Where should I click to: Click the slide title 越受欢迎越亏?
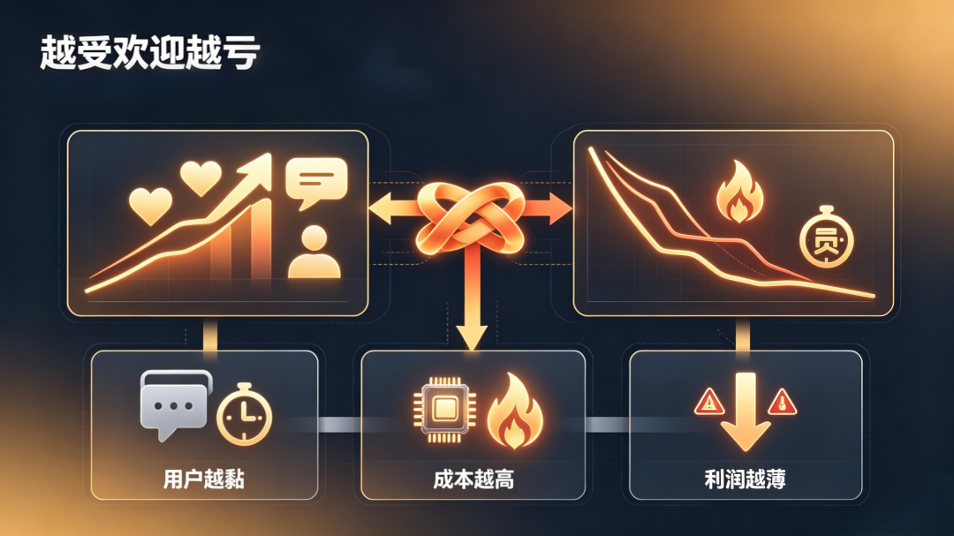coord(149,53)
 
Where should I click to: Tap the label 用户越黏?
coord(204,479)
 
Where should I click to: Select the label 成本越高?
coord(473,479)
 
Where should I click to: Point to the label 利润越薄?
coord(745,479)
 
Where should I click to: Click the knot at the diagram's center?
coord(470,218)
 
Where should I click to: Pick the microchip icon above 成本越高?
coord(444,410)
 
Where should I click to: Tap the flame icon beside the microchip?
coord(515,411)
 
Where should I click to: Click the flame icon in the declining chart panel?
coord(739,191)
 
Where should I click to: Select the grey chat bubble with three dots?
coord(175,404)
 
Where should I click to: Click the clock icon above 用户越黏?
coord(244,415)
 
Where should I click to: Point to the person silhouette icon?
coord(314,253)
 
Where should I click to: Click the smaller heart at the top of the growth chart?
coord(201,177)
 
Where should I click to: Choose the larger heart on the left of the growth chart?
coord(151,206)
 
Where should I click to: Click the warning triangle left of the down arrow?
coord(708,402)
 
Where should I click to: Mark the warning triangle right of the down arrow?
coord(782,402)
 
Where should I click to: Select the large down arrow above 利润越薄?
coord(746,411)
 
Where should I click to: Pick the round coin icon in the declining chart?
coord(826,238)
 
